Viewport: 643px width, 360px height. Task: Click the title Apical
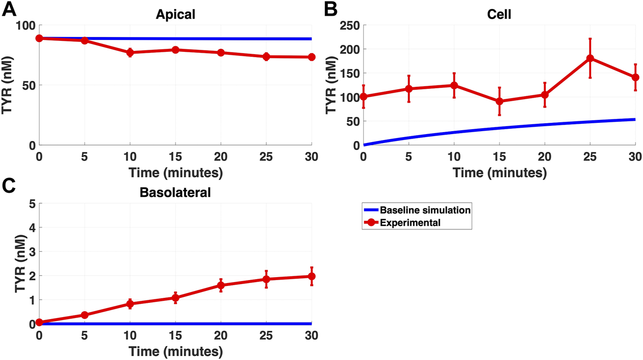pyautogui.click(x=175, y=14)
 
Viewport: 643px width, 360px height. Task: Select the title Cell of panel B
pyautogui.click(x=499, y=14)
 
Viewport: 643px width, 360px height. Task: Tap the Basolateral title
pyautogui.click(x=175, y=192)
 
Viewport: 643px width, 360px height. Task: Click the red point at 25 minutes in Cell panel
pyautogui.click(x=590, y=58)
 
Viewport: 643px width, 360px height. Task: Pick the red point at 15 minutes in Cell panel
pyautogui.click(x=499, y=101)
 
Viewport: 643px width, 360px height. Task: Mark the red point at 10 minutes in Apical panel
pyautogui.click(x=130, y=52)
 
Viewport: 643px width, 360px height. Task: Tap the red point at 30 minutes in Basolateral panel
pyautogui.click(x=311, y=277)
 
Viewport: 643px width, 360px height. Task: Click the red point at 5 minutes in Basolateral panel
pyautogui.click(x=84, y=315)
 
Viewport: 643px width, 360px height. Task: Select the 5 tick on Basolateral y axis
pyautogui.click(x=31, y=204)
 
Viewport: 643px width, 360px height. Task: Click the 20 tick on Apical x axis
pyautogui.click(x=220, y=157)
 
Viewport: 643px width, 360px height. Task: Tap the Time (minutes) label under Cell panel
pyautogui.click(x=499, y=173)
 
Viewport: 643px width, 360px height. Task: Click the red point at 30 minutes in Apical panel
pyautogui.click(x=311, y=57)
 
